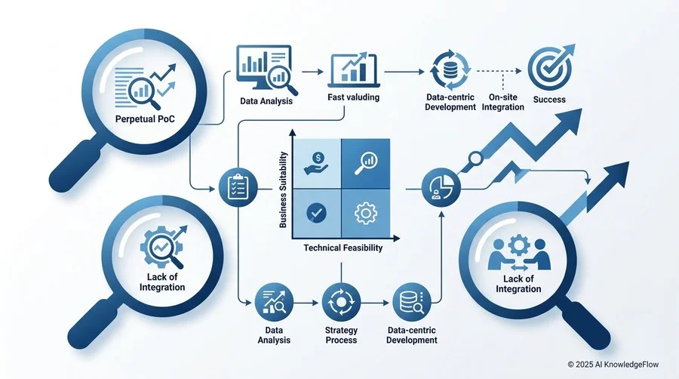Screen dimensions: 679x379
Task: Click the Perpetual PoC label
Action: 145,119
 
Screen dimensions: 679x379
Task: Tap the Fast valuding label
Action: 353,97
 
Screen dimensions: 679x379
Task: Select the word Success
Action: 549,100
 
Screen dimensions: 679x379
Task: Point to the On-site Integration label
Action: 502,102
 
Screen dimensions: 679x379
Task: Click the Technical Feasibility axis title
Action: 343,248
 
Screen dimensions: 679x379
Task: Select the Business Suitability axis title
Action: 283,189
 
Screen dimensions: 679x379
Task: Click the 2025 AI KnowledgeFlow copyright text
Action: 613,364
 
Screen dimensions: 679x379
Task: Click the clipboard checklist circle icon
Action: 238,187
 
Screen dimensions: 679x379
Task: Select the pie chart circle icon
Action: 441,187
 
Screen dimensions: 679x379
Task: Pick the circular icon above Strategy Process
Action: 341,302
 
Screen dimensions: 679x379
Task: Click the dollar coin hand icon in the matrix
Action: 318,164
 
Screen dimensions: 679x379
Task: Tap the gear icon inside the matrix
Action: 366,213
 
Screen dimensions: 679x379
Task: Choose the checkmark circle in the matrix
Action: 317,213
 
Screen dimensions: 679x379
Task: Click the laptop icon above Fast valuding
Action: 354,70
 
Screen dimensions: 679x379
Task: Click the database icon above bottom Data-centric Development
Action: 411,302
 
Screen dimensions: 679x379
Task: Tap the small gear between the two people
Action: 518,245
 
